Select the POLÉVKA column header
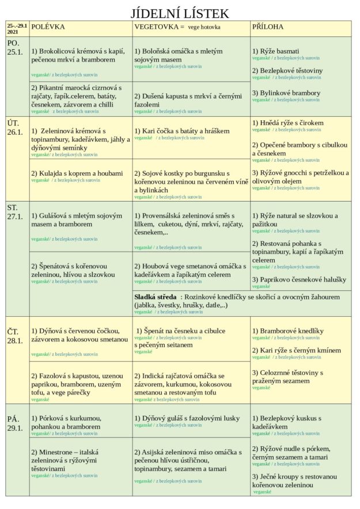pos(48,27)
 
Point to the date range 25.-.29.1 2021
pos(17,29)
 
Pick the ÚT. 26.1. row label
pos(16,128)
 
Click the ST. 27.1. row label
pos(16,211)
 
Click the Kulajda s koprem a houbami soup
pos(77,173)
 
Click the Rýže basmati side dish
pos(279,51)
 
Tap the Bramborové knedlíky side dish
pos(287,331)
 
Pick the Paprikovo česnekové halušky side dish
pos(299,279)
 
